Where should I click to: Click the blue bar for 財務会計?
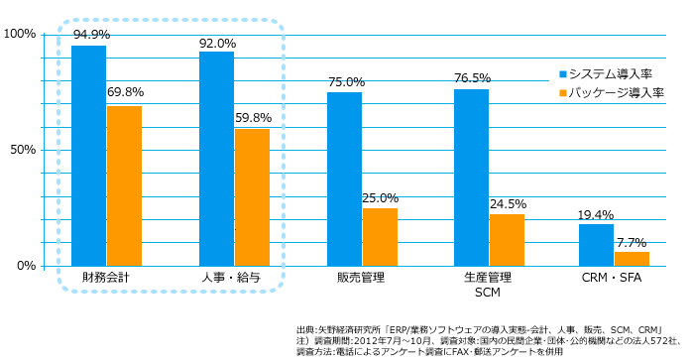(89, 156)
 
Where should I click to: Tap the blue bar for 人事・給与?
(217, 159)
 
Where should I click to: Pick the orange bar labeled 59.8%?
(252, 197)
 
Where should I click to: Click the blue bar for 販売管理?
(344, 179)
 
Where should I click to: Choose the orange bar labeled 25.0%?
(380, 237)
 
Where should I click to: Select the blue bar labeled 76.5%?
(472, 178)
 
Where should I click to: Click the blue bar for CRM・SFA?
(596, 245)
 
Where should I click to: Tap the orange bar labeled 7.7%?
(632, 259)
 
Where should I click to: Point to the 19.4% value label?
(597, 214)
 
